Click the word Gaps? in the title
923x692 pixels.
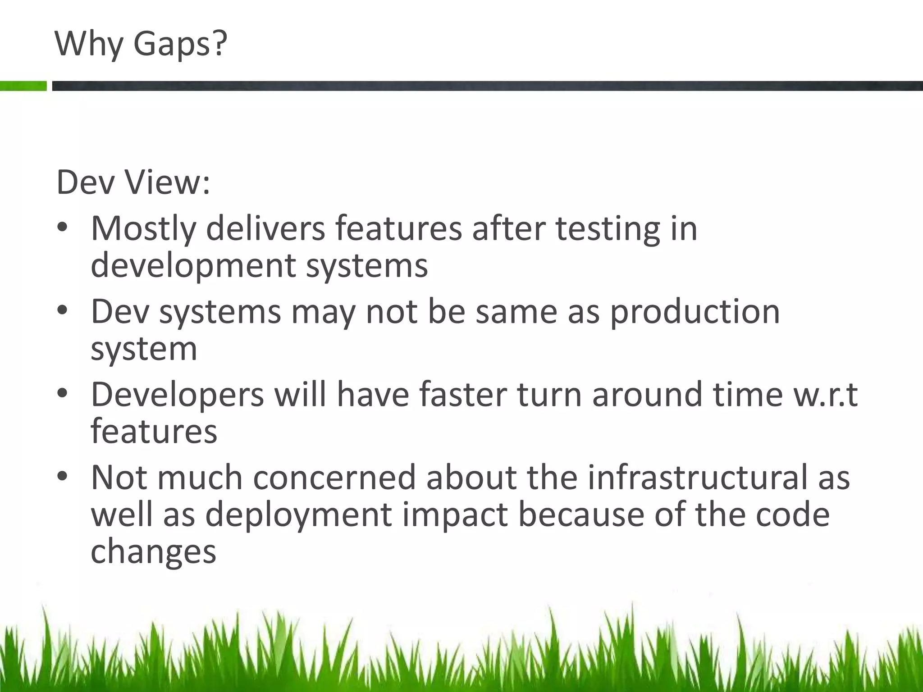pos(180,44)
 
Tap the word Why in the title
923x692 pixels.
pos(89,44)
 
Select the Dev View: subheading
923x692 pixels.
pos(133,182)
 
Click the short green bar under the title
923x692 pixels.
pos(23,86)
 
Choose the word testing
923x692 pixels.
pos(608,229)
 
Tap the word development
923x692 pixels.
pos(193,266)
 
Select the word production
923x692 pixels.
pos(695,312)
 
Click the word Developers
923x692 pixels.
pos(177,395)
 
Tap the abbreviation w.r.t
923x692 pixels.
pos(825,395)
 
